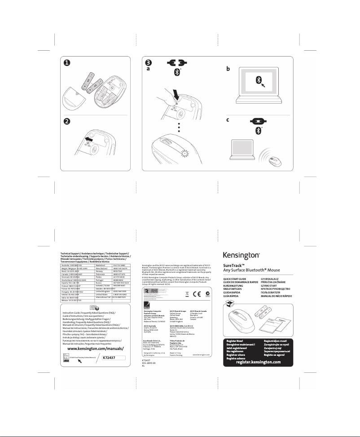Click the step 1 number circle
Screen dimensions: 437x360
65,63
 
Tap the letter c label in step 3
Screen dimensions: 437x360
228,120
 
